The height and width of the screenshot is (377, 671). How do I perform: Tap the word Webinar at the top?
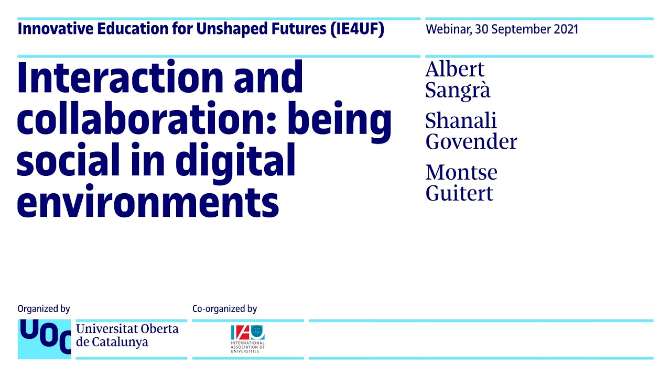tap(447, 29)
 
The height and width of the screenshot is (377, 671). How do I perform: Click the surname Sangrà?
tap(458, 90)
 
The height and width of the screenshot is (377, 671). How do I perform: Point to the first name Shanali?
tap(461, 121)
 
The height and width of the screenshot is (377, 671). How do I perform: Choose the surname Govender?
tap(471, 141)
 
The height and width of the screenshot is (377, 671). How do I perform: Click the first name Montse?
tap(461, 172)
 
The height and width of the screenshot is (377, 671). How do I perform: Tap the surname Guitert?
tap(459, 193)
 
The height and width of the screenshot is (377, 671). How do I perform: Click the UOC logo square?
tap(44, 339)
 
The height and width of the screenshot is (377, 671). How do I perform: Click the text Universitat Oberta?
tap(127, 329)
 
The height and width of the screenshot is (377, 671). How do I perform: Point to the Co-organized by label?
tap(224, 309)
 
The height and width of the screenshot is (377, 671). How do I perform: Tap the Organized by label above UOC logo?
tap(44, 309)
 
